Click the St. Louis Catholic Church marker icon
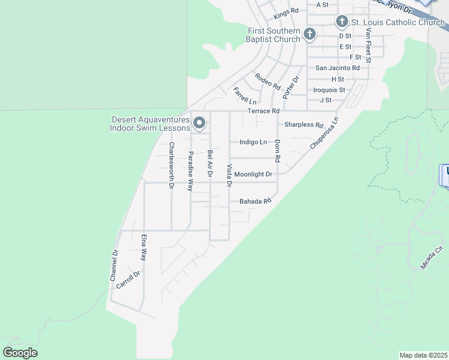point(342,22)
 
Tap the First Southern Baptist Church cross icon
point(309,34)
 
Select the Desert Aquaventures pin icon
point(200,124)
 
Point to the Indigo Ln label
point(253,142)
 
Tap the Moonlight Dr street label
point(253,174)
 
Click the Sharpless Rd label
point(304,125)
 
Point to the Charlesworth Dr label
point(171,166)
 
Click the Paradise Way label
point(190,171)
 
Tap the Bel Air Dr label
point(210,163)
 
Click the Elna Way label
point(143,247)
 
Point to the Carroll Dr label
point(128,280)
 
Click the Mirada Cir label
point(432,257)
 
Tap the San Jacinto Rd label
point(337,68)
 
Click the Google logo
point(20,353)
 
